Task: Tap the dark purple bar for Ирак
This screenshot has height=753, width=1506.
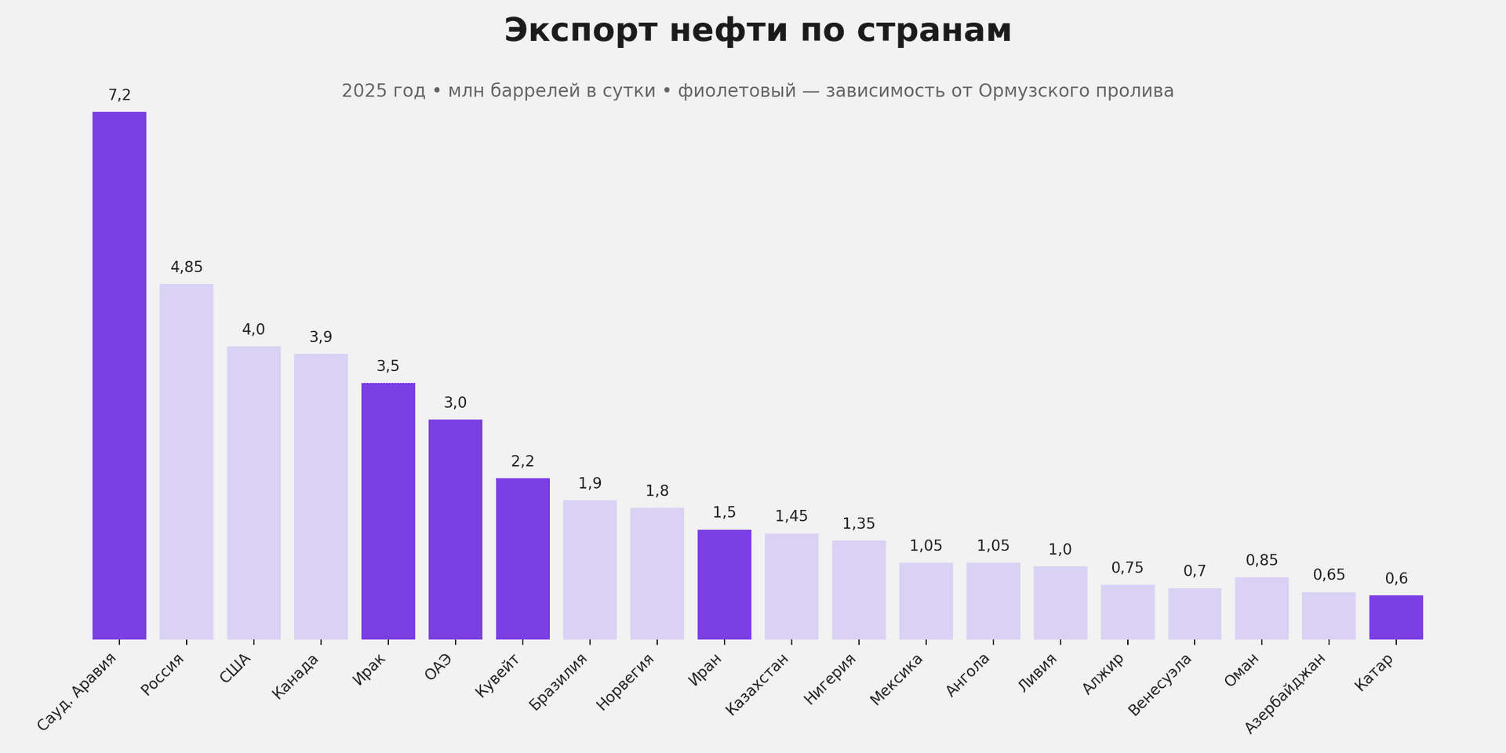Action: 387,511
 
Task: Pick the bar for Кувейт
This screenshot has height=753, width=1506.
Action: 522,558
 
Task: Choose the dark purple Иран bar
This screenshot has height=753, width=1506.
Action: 724,584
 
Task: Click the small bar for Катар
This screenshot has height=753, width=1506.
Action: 1395,617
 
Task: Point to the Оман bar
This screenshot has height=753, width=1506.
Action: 1261,608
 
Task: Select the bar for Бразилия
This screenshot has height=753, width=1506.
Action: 589,569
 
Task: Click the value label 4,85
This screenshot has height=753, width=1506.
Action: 186,267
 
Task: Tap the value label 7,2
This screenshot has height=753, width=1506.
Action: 119,96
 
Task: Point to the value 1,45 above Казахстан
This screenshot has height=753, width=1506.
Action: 791,516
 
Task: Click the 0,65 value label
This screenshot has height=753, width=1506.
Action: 1329,575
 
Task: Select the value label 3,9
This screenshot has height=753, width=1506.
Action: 320,337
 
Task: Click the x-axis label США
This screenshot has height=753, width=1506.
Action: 235,669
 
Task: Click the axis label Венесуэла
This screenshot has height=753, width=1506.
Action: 1161,684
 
